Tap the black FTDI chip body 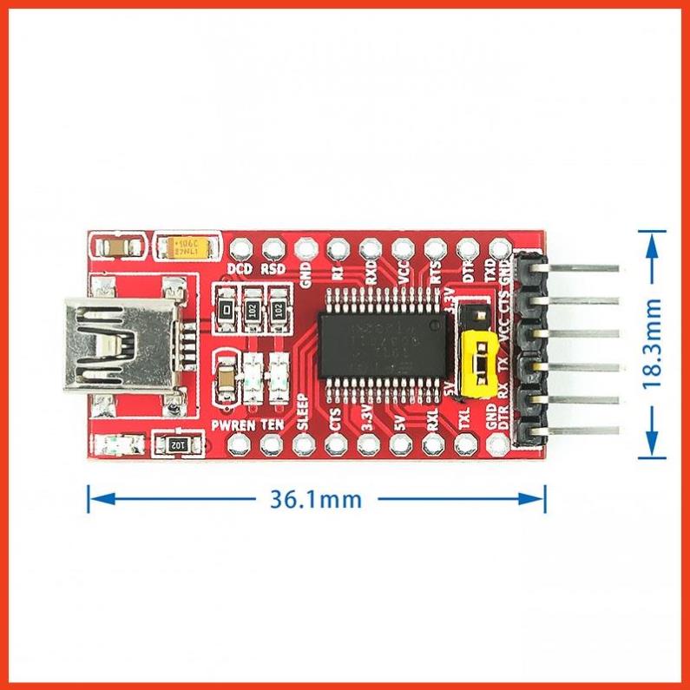(x=384, y=344)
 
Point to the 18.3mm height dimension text (x=652, y=343)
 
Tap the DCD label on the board (x=240, y=269)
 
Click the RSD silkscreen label (x=273, y=269)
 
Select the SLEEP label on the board (x=303, y=413)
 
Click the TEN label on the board (x=272, y=425)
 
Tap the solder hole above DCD (x=240, y=247)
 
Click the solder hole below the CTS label (x=335, y=445)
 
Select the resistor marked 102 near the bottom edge (x=175, y=444)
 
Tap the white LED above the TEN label (x=279, y=374)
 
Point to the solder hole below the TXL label (x=463, y=445)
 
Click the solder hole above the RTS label (x=434, y=248)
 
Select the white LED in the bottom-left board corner (x=113, y=446)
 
